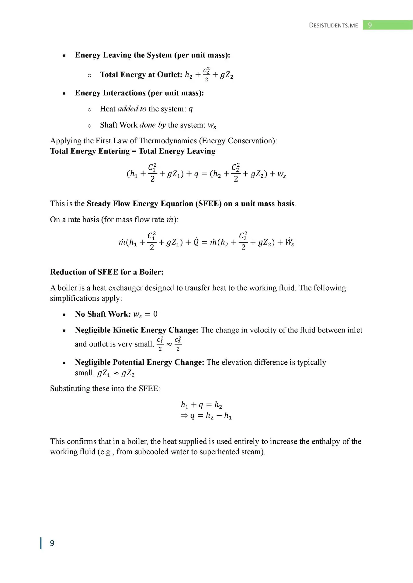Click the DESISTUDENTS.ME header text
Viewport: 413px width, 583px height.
[333, 25]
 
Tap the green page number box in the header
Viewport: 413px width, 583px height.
[387, 25]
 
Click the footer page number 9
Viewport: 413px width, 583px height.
[52, 543]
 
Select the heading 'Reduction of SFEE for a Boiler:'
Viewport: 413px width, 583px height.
[107, 272]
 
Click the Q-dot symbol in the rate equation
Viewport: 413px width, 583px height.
[196, 242]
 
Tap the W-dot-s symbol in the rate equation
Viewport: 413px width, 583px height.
[289, 242]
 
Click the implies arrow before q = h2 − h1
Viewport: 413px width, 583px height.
[184, 415]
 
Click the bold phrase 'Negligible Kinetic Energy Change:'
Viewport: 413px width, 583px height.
[137, 330]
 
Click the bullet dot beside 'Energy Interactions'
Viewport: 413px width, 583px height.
[64, 94]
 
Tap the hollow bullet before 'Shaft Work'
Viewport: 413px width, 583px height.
[89, 126]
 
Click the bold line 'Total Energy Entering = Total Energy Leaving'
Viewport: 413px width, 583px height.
[133, 151]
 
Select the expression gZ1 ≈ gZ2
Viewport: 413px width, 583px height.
[116, 373]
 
